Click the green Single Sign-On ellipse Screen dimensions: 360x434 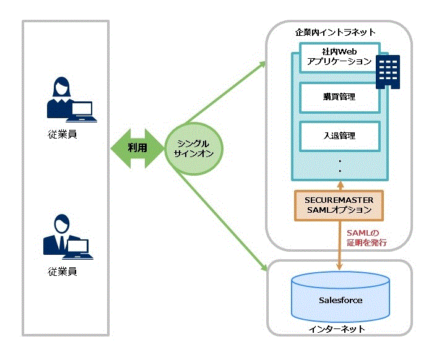click(x=194, y=149)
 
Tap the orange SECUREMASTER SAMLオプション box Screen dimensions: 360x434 click(x=339, y=206)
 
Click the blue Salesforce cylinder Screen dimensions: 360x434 click(x=340, y=299)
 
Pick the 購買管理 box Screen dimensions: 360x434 click(x=339, y=96)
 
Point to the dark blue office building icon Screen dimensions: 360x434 click(x=388, y=70)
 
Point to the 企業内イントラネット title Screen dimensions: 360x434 click(x=335, y=32)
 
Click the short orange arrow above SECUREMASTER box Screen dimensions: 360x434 click(x=339, y=185)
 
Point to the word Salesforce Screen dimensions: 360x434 click(x=340, y=301)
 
